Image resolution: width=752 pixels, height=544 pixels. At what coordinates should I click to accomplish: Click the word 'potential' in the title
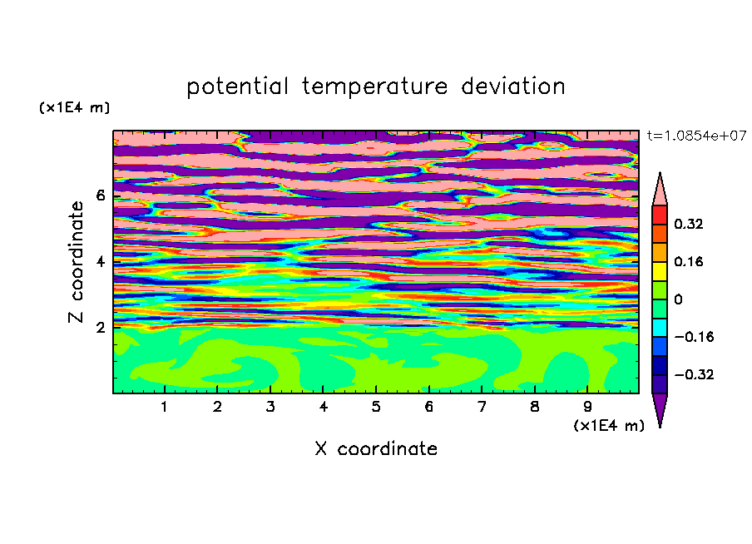pos(237,87)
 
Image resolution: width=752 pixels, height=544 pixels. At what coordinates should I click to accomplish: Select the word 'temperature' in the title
pos(374,87)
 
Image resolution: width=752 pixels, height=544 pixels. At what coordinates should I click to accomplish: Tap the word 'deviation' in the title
pos(512,87)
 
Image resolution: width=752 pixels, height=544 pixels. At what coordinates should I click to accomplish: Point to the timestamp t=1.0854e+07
pos(697,136)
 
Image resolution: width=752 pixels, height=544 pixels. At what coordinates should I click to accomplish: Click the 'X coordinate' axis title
pos(376,448)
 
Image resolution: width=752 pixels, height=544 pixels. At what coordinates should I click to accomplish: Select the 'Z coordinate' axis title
pos(76,261)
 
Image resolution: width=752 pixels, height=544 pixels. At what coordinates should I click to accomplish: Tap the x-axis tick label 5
pos(376,407)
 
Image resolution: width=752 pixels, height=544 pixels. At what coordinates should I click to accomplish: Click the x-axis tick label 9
pos(587,407)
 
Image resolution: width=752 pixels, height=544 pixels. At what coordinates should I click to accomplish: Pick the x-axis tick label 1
pos(165,407)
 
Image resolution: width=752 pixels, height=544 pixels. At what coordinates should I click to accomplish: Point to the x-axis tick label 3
pos(270,407)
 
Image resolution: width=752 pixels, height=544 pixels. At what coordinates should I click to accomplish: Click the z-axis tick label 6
pos(100,195)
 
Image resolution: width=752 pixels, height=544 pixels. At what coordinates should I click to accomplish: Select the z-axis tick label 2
pos(100,328)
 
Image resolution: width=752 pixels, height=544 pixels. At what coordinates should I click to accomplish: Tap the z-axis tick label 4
pos(100,261)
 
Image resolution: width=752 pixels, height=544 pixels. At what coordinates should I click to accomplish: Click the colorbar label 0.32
pos(689,224)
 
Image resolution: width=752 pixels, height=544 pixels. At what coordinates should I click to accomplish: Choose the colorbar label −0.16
pos(694,337)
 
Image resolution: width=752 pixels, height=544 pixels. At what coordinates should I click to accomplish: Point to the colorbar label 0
pos(678,299)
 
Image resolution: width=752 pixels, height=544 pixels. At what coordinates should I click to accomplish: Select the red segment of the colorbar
pos(660,215)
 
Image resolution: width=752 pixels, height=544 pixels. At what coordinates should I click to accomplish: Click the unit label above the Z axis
pos(74,107)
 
